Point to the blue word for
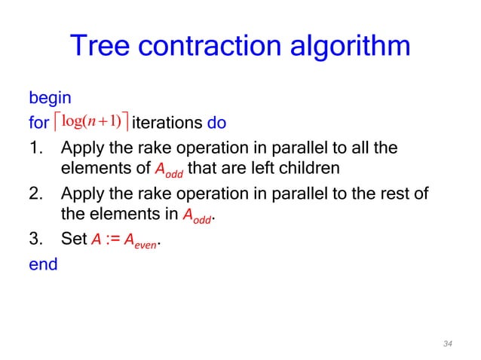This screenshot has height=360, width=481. tap(38, 122)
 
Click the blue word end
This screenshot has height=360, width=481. tap(42, 264)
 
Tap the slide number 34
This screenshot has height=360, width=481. tap(448, 343)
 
